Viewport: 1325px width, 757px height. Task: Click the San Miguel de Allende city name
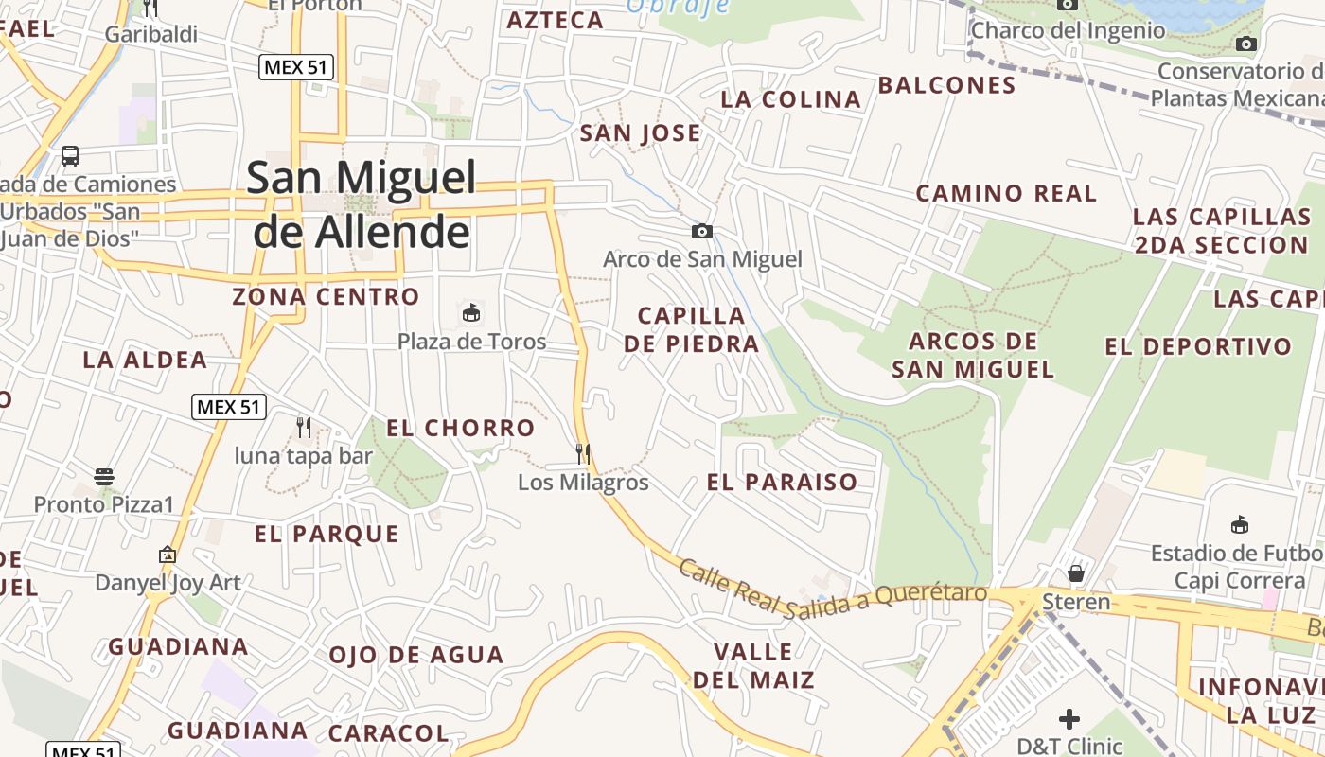(x=361, y=204)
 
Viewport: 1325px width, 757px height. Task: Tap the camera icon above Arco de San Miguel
(x=701, y=232)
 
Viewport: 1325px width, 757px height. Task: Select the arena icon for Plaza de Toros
(x=470, y=312)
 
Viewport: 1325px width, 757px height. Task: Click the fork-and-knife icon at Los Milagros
(x=583, y=454)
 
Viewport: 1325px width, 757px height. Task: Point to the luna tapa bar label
(x=303, y=456)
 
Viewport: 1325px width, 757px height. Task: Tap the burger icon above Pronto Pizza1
(x=104, y=476)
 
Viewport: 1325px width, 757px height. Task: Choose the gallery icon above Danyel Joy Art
(x=168, y=555)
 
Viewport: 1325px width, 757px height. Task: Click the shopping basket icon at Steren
(x=1076, y=573)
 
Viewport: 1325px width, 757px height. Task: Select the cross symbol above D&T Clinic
(x=1069, y=719)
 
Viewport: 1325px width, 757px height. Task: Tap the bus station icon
(x=70, y=156)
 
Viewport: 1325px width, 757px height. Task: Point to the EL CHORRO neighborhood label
(x=461, y=428)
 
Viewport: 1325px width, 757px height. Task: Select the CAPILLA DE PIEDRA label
(x=692, y=329)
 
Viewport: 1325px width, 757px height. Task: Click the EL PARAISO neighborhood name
(x=782, y=482)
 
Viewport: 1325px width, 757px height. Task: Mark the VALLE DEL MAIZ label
(x=753, y=665)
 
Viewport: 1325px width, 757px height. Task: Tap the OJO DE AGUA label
(x=415, y=655)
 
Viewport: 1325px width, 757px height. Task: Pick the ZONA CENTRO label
(x=326, y=296)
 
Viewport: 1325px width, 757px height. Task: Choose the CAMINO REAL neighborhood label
(x=1006, y=194)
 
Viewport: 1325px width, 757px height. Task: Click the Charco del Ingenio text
(x=1068, y=30)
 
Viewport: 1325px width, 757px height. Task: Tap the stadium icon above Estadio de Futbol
(x=1239, y=525)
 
